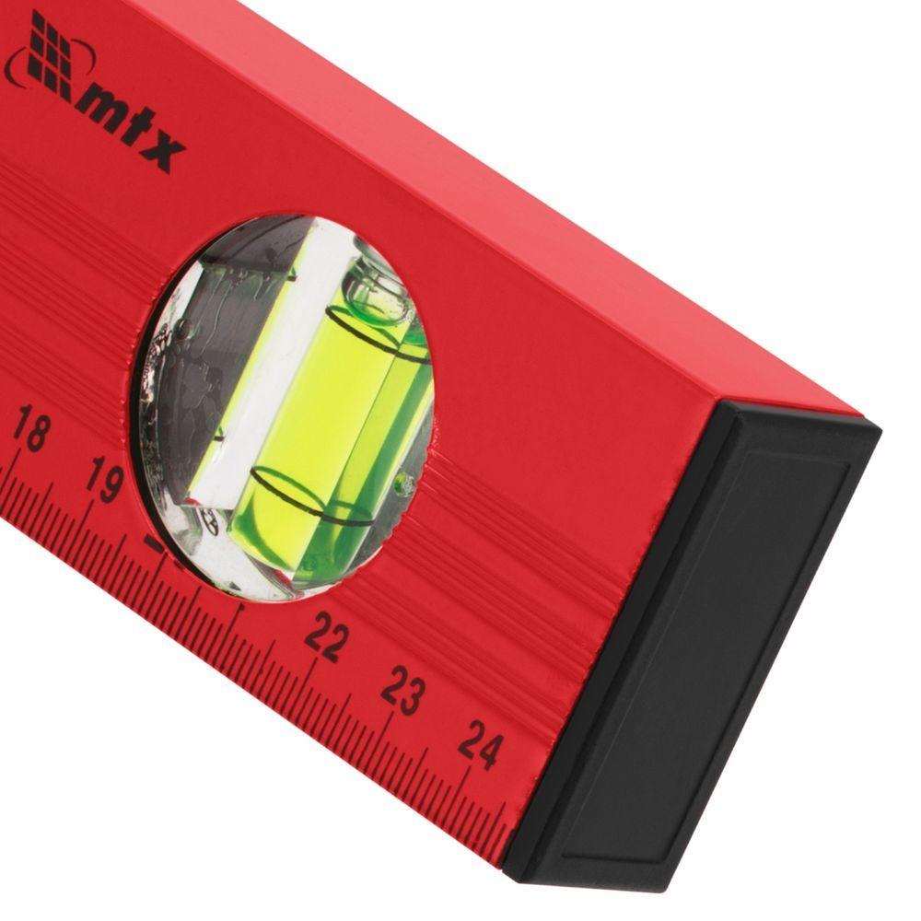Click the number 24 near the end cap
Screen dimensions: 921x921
click(481, 745)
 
